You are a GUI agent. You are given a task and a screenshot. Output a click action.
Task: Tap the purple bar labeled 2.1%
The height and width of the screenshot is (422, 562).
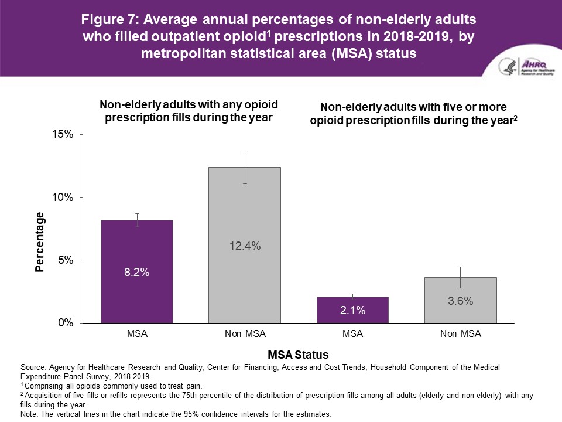click(352, 309)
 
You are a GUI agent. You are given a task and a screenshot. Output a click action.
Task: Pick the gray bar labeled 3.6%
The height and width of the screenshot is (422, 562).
click(460, 300)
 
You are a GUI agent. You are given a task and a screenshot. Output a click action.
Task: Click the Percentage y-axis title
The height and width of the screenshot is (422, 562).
click(39, 242)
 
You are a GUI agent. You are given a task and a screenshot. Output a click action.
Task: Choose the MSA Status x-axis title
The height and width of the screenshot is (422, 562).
click(298, 355)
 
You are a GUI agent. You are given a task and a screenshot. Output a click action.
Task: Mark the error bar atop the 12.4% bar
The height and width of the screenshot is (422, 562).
click(245, 166)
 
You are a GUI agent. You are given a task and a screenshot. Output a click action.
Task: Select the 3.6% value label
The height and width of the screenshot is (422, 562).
click(460, 301)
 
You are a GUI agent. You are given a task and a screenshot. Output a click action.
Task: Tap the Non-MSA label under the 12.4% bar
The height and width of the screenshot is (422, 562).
click(245, 335)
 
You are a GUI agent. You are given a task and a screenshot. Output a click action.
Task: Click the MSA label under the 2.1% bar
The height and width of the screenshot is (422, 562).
click(352, 335)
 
